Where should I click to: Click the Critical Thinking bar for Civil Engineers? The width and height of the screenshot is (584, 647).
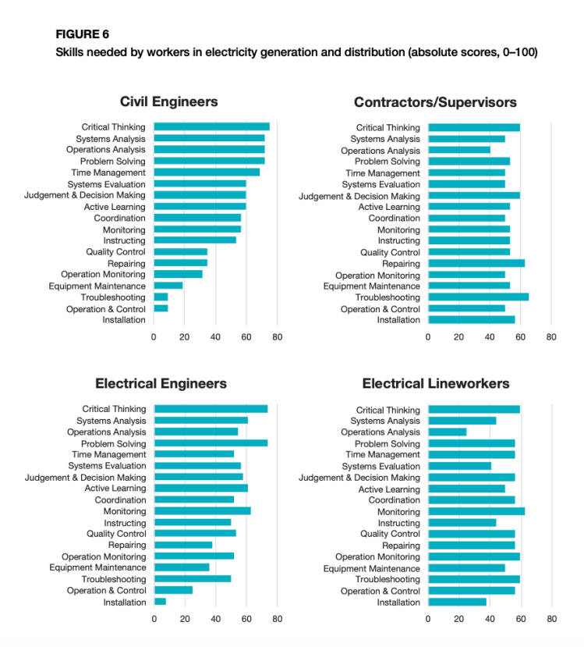[x=211, y=126]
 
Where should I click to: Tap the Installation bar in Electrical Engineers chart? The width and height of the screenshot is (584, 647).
[x=160, y=602]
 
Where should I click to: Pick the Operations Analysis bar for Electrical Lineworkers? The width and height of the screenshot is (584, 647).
[x=448, y=432]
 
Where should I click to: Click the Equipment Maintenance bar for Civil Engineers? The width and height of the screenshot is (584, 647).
[x=168, y=286]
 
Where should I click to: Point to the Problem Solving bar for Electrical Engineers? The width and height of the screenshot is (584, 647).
[x=211, y=443]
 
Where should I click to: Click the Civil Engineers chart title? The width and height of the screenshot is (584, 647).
[x=168, y=101]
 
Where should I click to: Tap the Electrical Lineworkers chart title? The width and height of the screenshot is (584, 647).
[x=436, y=383]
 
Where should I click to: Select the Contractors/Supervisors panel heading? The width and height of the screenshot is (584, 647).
[x=435, y=102]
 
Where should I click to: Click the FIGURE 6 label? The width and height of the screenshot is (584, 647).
[x=83, y=34]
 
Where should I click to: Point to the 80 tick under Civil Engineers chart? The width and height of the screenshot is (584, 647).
[x=277, y=336]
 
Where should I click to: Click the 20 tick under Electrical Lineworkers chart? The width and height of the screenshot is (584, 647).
[x=459, y=619]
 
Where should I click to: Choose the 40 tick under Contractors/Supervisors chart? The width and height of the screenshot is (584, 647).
[x=490, y=336]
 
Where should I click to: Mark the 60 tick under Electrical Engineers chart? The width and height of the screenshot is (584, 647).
[x=246, y=619]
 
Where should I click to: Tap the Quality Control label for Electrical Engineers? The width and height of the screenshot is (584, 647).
[x=116, y=534]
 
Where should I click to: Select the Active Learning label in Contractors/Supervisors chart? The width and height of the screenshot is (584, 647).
[x=389, y=207]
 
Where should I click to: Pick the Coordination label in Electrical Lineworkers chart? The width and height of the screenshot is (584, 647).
[x=394, y=500]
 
